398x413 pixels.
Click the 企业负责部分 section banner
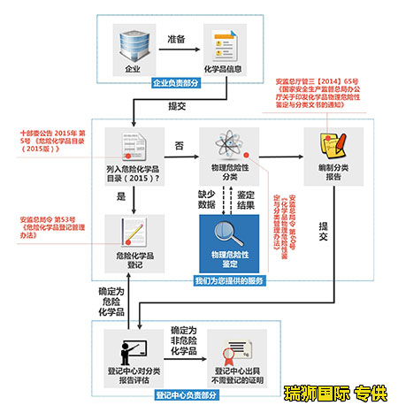coord(176,83)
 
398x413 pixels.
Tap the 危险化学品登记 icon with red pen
coord(134,233)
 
